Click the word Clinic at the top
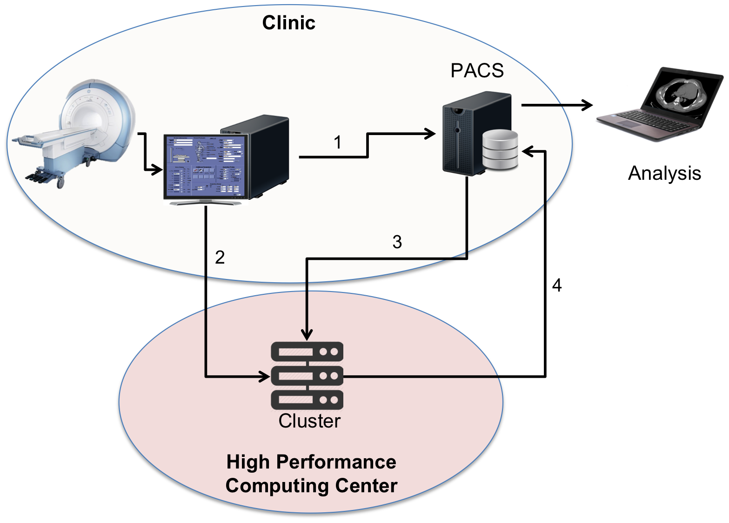pos(288,23)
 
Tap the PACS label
pos(477,71)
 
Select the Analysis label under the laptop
pos(664,173)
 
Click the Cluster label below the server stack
pos(309,421)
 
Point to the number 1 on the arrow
pos(338,143)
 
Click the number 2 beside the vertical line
pos(220,257)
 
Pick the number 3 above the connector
pos(397,242)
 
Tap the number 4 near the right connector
pos(557,285)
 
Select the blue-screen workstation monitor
pos(204,167)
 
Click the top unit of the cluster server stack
pos(307,352)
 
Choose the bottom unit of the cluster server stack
pos(307,400)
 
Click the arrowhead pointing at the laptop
pos(587,105)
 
